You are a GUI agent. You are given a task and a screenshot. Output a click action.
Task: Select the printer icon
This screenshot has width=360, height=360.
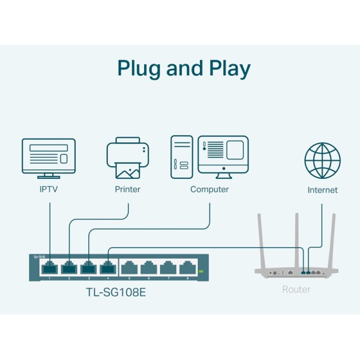(127, 159)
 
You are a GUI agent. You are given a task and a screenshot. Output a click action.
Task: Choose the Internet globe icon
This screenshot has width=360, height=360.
(322, 160)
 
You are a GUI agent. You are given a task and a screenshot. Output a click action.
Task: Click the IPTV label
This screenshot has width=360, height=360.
(49, 190)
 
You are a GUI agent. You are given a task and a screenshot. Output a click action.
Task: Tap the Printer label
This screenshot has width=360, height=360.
(127, 190)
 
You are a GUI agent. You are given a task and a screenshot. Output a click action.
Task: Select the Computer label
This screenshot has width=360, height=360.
(209, 190)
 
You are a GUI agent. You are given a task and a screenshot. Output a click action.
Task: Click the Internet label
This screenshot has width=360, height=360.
(322, 190)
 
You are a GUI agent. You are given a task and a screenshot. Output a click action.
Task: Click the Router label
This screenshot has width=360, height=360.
(296, 290)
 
